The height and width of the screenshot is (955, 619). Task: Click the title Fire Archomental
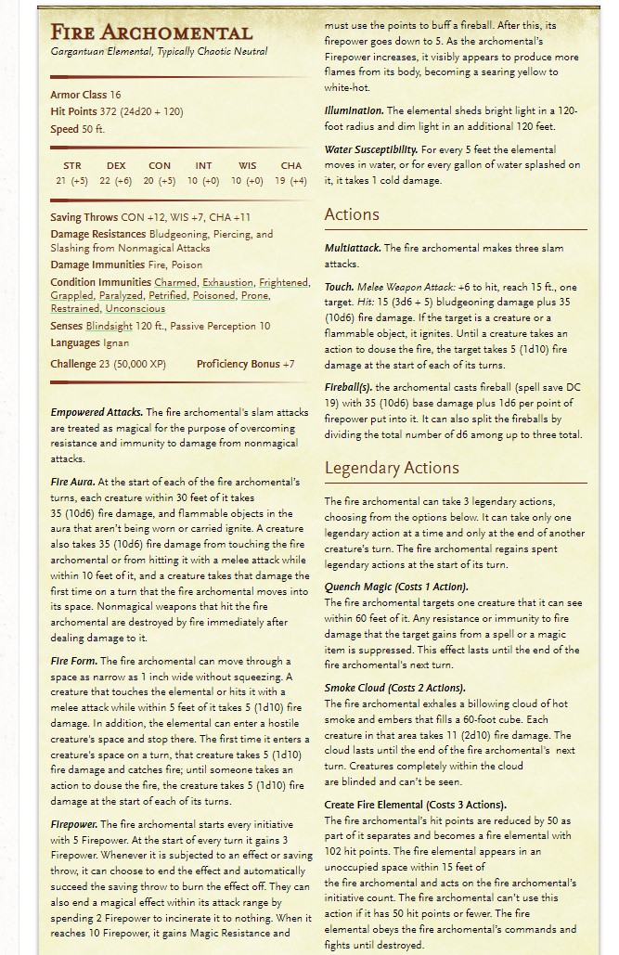[150, 33]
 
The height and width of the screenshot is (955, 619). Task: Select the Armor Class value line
[85, 95]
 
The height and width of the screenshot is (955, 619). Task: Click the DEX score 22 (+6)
[115, 181]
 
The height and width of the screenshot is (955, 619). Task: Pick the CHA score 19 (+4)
[290, 181]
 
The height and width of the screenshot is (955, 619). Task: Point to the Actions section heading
[352, 214]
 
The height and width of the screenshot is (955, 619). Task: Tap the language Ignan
[116, 343]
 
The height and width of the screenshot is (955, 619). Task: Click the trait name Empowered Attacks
[97, 413]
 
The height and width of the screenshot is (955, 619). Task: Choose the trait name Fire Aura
[72, 483]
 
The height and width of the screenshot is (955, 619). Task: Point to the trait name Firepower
[73, 824]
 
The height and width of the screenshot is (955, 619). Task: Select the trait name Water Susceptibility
[369, 150]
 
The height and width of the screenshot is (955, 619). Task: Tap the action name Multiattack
[353, 249]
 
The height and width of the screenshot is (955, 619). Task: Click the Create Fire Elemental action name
[415, 806]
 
